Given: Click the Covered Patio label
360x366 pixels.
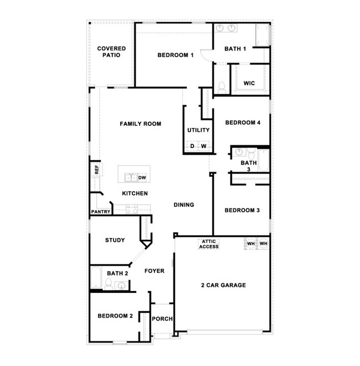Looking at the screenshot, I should coord(111,52).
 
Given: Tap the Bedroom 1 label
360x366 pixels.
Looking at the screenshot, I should coord(175,55).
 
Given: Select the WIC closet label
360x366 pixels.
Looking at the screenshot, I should coord(249,83).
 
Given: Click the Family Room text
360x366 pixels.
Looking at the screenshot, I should coord(140,124).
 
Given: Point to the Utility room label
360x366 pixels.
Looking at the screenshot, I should coord(198,130).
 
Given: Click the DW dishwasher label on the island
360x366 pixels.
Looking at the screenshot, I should coord(142,178).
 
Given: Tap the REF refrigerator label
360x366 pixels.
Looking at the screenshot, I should coord(96,169).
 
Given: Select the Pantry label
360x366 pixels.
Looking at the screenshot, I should coord(101,212).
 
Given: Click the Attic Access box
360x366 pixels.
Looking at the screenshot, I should coord(209,243).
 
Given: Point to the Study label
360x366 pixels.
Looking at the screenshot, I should coord(115,240).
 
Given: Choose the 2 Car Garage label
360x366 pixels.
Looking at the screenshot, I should coord(223,286).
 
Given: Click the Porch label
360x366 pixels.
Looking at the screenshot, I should coord(162,319).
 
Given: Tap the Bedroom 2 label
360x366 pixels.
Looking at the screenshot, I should coord(115,316).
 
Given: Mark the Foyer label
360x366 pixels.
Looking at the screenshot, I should coord(155,271).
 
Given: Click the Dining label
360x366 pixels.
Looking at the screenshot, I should coord(184,205).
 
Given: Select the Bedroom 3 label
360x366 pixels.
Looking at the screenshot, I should coord(242,210).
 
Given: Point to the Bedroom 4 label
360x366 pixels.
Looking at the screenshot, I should coord(242,123).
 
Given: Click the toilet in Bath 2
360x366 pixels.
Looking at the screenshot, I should coord(109,285).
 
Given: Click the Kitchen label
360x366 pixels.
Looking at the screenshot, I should coord(135,194).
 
